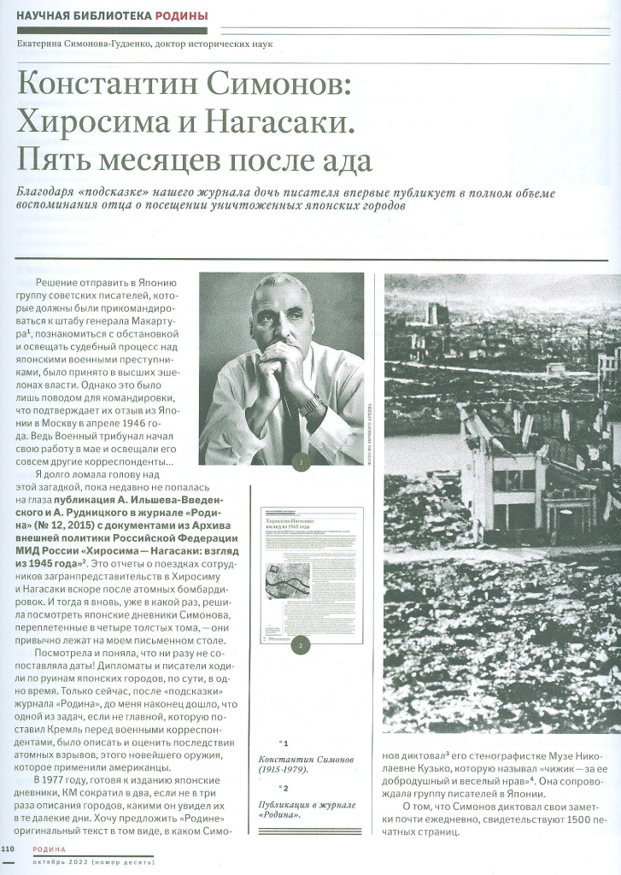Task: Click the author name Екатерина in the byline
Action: [x=51, y=44]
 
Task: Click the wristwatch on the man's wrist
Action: [x=310, y=403]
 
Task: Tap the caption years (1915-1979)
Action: [x=285, y=771]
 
